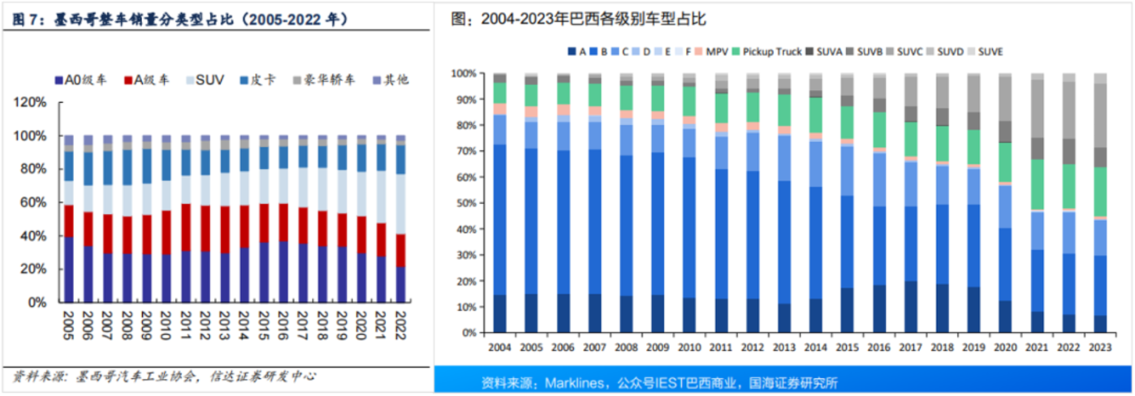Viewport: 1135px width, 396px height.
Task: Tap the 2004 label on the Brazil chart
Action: point(499,346)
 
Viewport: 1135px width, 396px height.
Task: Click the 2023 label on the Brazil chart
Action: point(1098,346)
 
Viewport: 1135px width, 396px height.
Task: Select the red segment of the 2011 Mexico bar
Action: point(186,228)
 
